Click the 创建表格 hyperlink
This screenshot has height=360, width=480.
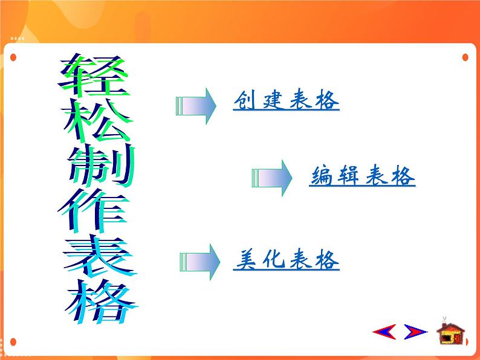click(x=286, y=100)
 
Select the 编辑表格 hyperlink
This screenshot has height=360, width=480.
click(x=362, y=176)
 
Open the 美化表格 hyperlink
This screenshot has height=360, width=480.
click(x=286, y=260)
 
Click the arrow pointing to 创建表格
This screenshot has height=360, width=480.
click(x=196, y=106)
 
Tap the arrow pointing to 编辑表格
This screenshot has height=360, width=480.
click(x=272, y=178)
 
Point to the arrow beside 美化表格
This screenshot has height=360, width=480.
click(x=199, y=262)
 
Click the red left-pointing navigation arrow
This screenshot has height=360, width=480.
click(x=384, y=332)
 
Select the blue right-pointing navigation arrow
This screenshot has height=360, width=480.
click(x=415, y=332)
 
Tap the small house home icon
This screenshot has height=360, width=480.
click(x=451, y=331)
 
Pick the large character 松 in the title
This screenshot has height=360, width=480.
click(x=97, y=121)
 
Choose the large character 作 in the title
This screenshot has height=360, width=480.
click(x=93, y=210)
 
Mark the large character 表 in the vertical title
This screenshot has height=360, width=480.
click(x=99, y=256)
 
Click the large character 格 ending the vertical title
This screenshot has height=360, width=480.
click(x=101, y=301)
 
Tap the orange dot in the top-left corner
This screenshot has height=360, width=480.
click(x=13, y=57)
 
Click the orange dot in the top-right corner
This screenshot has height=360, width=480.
click(x=465, y=57)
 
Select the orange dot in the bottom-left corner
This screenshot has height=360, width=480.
click(x=13, y=342)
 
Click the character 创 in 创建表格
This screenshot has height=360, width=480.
click(x=245, y=100)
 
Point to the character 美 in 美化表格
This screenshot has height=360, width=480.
click(x=246, y=260)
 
